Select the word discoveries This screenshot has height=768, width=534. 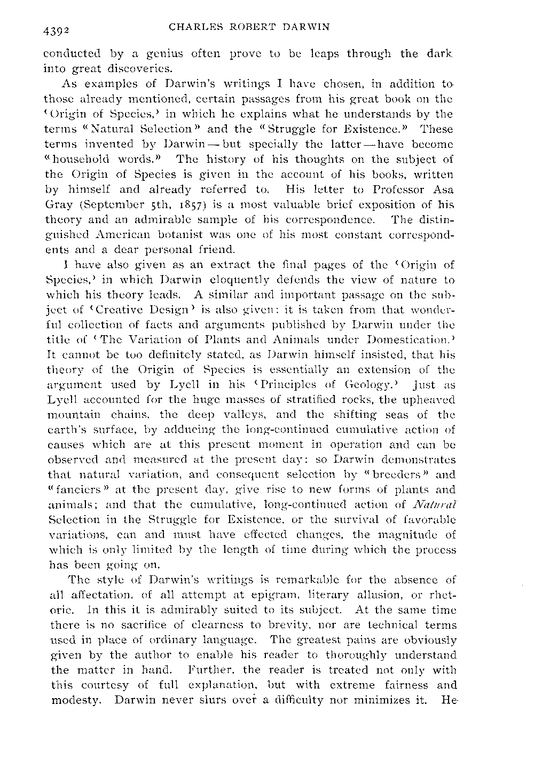coord(128,69)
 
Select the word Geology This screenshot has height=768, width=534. coord(372,384)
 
